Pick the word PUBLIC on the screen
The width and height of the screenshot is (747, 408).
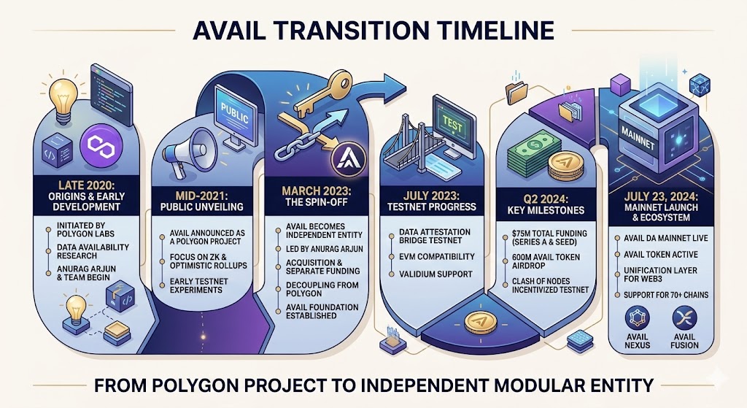click(x=233, y=117)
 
